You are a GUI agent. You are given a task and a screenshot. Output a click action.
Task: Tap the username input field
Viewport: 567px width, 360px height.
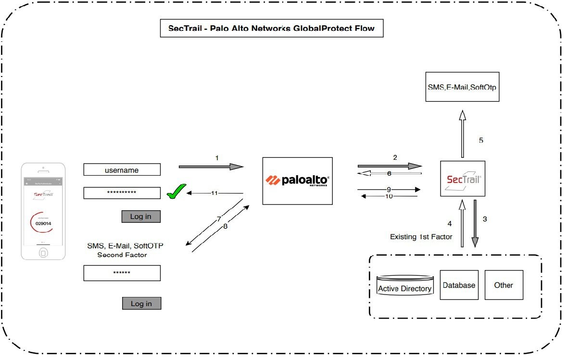(122, 170)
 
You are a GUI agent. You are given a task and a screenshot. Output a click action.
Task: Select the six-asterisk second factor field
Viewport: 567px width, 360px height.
(122, 273)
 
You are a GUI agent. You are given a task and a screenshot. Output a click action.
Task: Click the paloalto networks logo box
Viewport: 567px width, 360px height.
(298, 181)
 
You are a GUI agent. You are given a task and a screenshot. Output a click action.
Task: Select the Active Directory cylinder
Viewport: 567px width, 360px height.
(404, 286)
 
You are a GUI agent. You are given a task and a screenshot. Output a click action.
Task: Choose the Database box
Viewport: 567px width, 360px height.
(459, 285)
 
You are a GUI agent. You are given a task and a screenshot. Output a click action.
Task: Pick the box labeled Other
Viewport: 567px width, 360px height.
(504, 285)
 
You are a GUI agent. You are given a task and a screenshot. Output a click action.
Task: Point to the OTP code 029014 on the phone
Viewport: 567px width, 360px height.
(43, 223)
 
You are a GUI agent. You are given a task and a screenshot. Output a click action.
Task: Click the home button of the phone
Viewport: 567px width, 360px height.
(43, 252)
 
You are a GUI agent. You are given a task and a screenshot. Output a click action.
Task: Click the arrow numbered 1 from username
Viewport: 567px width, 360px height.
(211, 167)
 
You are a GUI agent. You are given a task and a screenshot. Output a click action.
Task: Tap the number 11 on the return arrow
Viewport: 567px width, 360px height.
(214, 193)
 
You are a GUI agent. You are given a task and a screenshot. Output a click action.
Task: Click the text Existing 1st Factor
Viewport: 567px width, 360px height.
(421, 237)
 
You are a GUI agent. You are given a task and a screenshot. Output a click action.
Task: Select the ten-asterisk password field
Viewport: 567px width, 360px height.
(122, 193)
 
